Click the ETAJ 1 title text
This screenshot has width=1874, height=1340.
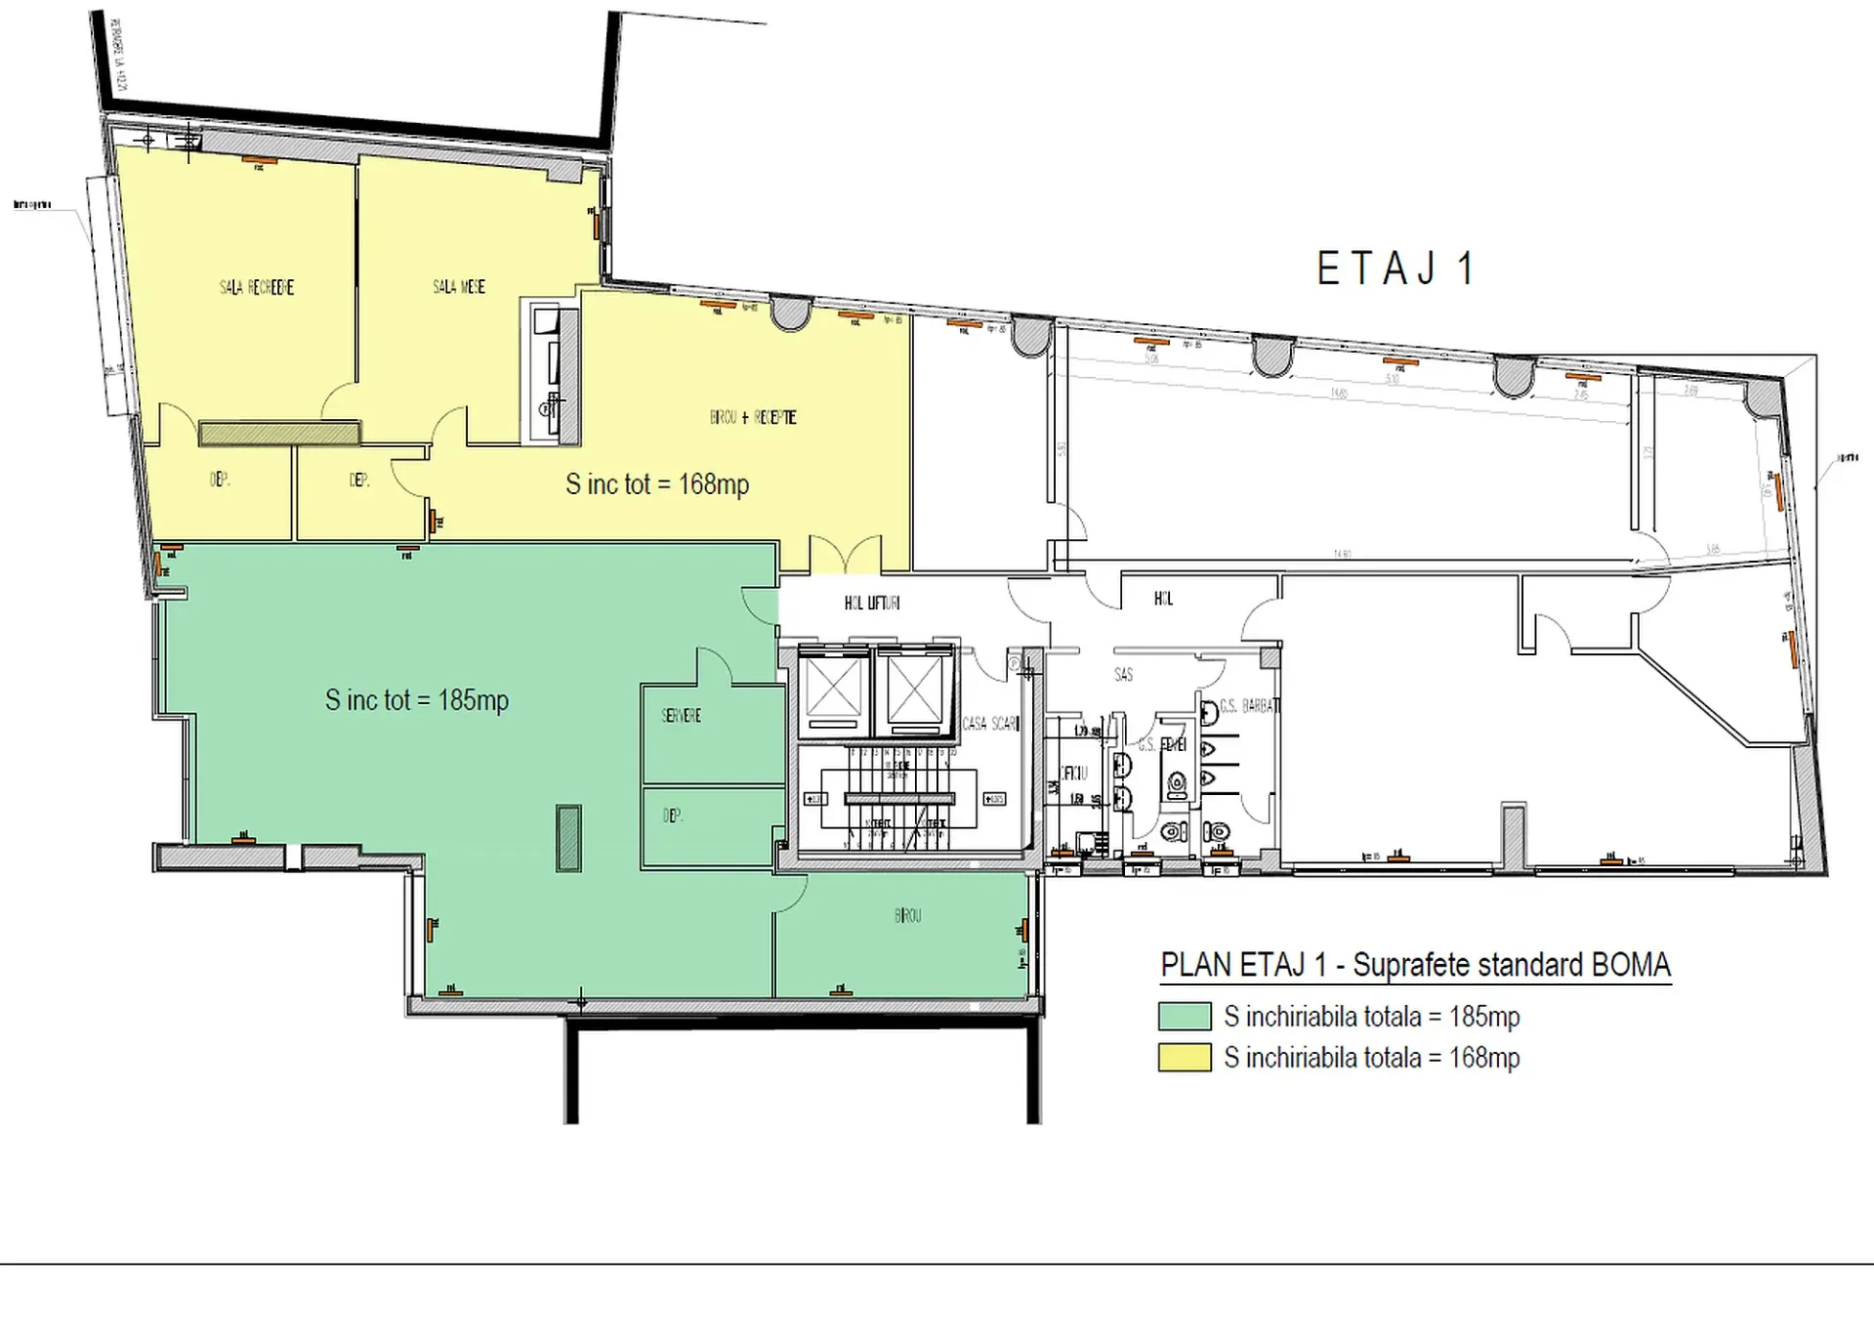(1395, 270)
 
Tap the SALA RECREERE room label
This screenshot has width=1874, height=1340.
(256, 287)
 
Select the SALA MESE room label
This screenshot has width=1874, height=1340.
(459, 286)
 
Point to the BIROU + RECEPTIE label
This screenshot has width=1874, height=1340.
(753, 417)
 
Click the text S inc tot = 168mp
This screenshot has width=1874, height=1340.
(657, 484)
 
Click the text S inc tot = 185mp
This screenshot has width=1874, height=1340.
(417, 700)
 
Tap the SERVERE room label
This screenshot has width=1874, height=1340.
(681, 716)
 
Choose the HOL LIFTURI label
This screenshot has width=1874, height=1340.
(872, 604)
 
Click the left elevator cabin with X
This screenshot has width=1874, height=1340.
(833, 691)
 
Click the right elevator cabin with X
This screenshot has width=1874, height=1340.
(914, 691)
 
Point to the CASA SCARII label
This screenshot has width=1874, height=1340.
(990, 724)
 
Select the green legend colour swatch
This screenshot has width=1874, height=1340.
(1185, 1017)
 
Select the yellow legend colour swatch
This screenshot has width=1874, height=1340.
(1185, 1058)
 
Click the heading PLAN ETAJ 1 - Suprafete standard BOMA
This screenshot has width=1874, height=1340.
(1415, 965)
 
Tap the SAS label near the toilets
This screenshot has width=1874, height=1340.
(1123, 675)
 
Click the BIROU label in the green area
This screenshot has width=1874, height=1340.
(907, 916)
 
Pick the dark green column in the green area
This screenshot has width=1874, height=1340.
(568, 838)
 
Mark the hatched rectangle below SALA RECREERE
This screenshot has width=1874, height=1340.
(280, 433)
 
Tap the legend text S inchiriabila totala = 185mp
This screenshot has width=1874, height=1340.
(1371, 1017)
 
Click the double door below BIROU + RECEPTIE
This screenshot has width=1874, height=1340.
(845, 554)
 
